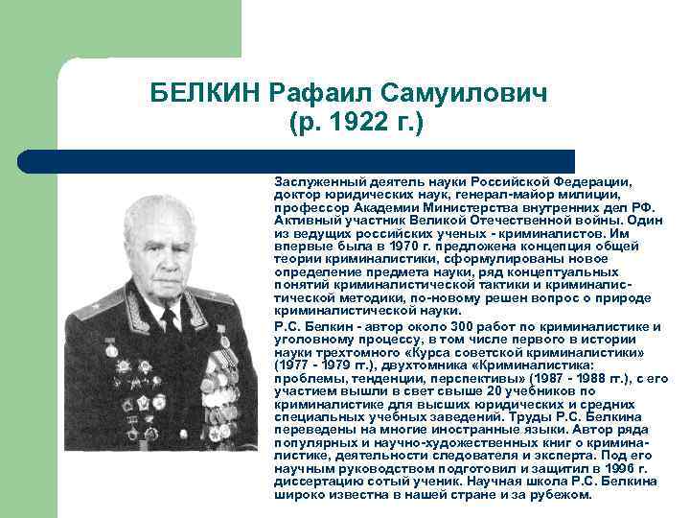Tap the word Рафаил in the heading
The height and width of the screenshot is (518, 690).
[x=321, y=93]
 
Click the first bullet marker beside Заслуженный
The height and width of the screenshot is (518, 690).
[x=264, y=180]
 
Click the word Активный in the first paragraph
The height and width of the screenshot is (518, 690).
[x=304, y=219]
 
